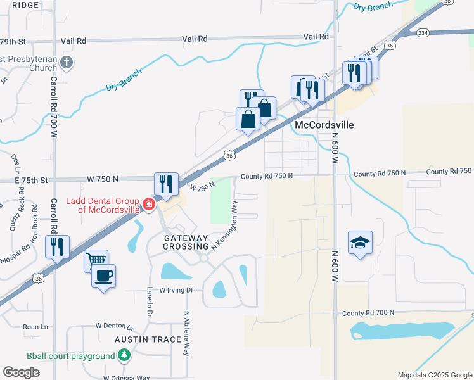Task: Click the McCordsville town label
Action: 324,125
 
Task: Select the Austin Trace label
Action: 148,339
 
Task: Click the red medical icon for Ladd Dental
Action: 149,204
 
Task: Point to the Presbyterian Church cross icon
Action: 68,62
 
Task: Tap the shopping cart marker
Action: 96,260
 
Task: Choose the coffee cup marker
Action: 103,276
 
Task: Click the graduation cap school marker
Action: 360,243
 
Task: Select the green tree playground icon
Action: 125,353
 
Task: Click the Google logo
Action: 21,372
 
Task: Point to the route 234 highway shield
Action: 423,33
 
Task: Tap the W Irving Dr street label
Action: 176,290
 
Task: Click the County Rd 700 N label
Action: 368,313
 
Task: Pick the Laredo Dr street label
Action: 150,303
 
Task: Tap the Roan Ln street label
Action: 35,327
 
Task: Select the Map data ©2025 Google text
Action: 434,375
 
